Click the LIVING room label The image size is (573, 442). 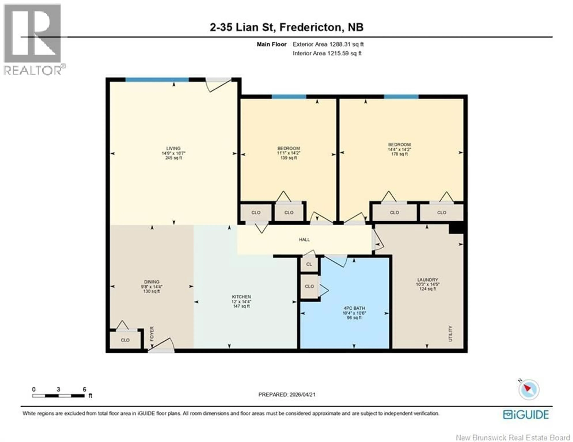click(173, 148)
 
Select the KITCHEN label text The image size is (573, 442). click(241, 297)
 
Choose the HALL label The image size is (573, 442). click(304, 240)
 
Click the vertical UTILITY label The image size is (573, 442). click(450, 333)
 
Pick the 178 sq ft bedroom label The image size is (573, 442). click(399, 149)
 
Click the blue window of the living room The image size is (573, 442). click(157, 80)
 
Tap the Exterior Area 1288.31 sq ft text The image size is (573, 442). click(328, 44)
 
